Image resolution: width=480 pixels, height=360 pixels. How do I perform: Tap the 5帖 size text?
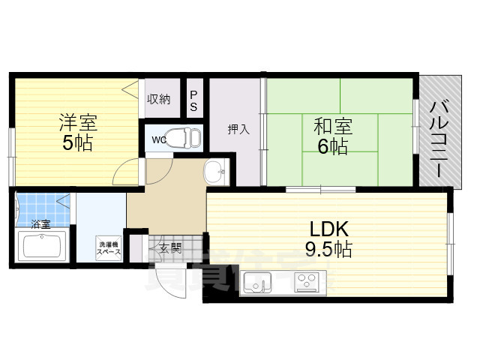[x=78, y=143]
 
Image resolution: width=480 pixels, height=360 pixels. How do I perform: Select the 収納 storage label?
[x=158, y=98]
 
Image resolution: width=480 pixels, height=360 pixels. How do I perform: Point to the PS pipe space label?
[x=193, y=100]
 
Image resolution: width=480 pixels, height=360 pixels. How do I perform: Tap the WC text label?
[x=159, y=139]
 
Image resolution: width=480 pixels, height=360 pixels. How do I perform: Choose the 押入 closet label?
[x=238, y=129]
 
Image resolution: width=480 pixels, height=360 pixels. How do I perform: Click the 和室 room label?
[x=333, y=126]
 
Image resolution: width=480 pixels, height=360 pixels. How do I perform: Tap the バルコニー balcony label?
[x=437, y=139]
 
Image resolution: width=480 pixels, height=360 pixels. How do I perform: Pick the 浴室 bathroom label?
[x=40, y=223]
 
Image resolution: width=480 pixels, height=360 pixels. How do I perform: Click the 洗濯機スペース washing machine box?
[x=108, y=248]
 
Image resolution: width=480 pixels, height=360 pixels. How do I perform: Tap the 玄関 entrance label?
[x=169, y=247]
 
